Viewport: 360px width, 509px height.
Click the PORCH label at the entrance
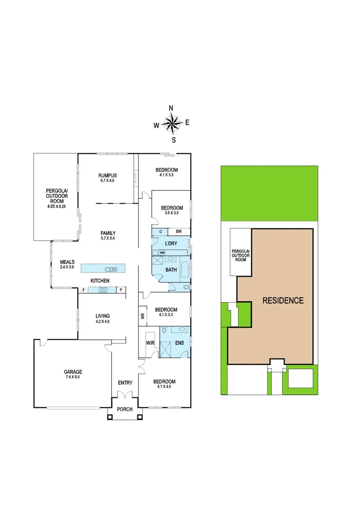(x=125, y=409)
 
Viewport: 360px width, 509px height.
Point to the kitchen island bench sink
(x=111, y=269)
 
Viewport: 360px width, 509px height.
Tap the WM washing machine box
(x=162, y=253)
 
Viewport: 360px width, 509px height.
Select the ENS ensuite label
(x=180, y=343)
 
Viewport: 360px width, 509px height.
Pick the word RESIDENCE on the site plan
(x=283, y=300)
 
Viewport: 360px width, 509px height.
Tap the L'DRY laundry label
(x=171, y=243)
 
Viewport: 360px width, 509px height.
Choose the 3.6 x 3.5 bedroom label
(x=172, y=211)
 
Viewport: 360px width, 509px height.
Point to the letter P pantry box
(x=121, y=290)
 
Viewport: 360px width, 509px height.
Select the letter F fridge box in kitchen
(x=83, y=290)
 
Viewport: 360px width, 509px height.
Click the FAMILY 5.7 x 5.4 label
(x=108, y=236)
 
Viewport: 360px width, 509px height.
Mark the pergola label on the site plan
(x=241, y=255)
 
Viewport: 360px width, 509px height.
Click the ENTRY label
(x=125, y=383)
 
